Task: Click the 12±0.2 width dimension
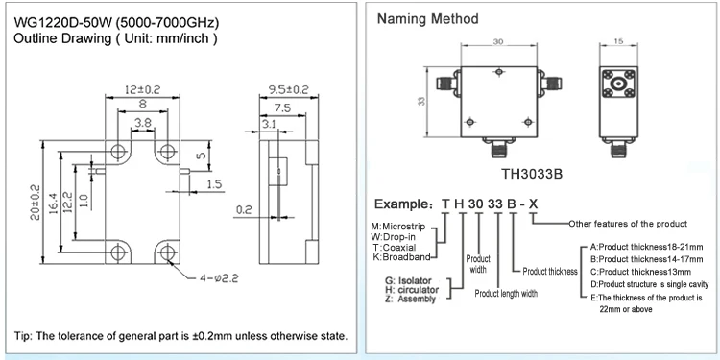(142, 88)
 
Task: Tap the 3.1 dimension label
(268, 124)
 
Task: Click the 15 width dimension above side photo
(618, 41)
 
